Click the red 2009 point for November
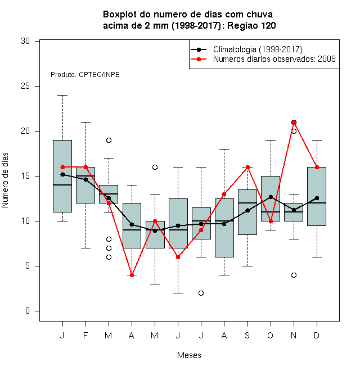click(x=294, y=123)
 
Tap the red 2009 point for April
click(x=132, y=275)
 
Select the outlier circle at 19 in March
click(x=109, y=141)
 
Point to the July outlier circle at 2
click(x=201, y=293)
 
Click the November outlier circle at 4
click(x=294, y=275)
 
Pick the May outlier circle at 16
click(x=155, y=168)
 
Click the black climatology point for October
click(x=271, y=197)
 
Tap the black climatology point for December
click(x=317, y=198)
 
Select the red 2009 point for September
click(x=247, y=168)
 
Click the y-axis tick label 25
click(x=25, y=86)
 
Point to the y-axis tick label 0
click(x=28, y=311)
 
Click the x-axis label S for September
click(x=247, y=336)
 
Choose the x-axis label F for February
click(x=85, y=336)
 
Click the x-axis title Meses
click(x=189, y=355)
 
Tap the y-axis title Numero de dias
click(x=5, y=180)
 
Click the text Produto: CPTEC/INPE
click(x=85, y=75)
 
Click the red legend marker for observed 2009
click(x=199, y=59)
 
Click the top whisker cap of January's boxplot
click(x=62, y=96)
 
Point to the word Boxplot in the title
click(x=120, y=15)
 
